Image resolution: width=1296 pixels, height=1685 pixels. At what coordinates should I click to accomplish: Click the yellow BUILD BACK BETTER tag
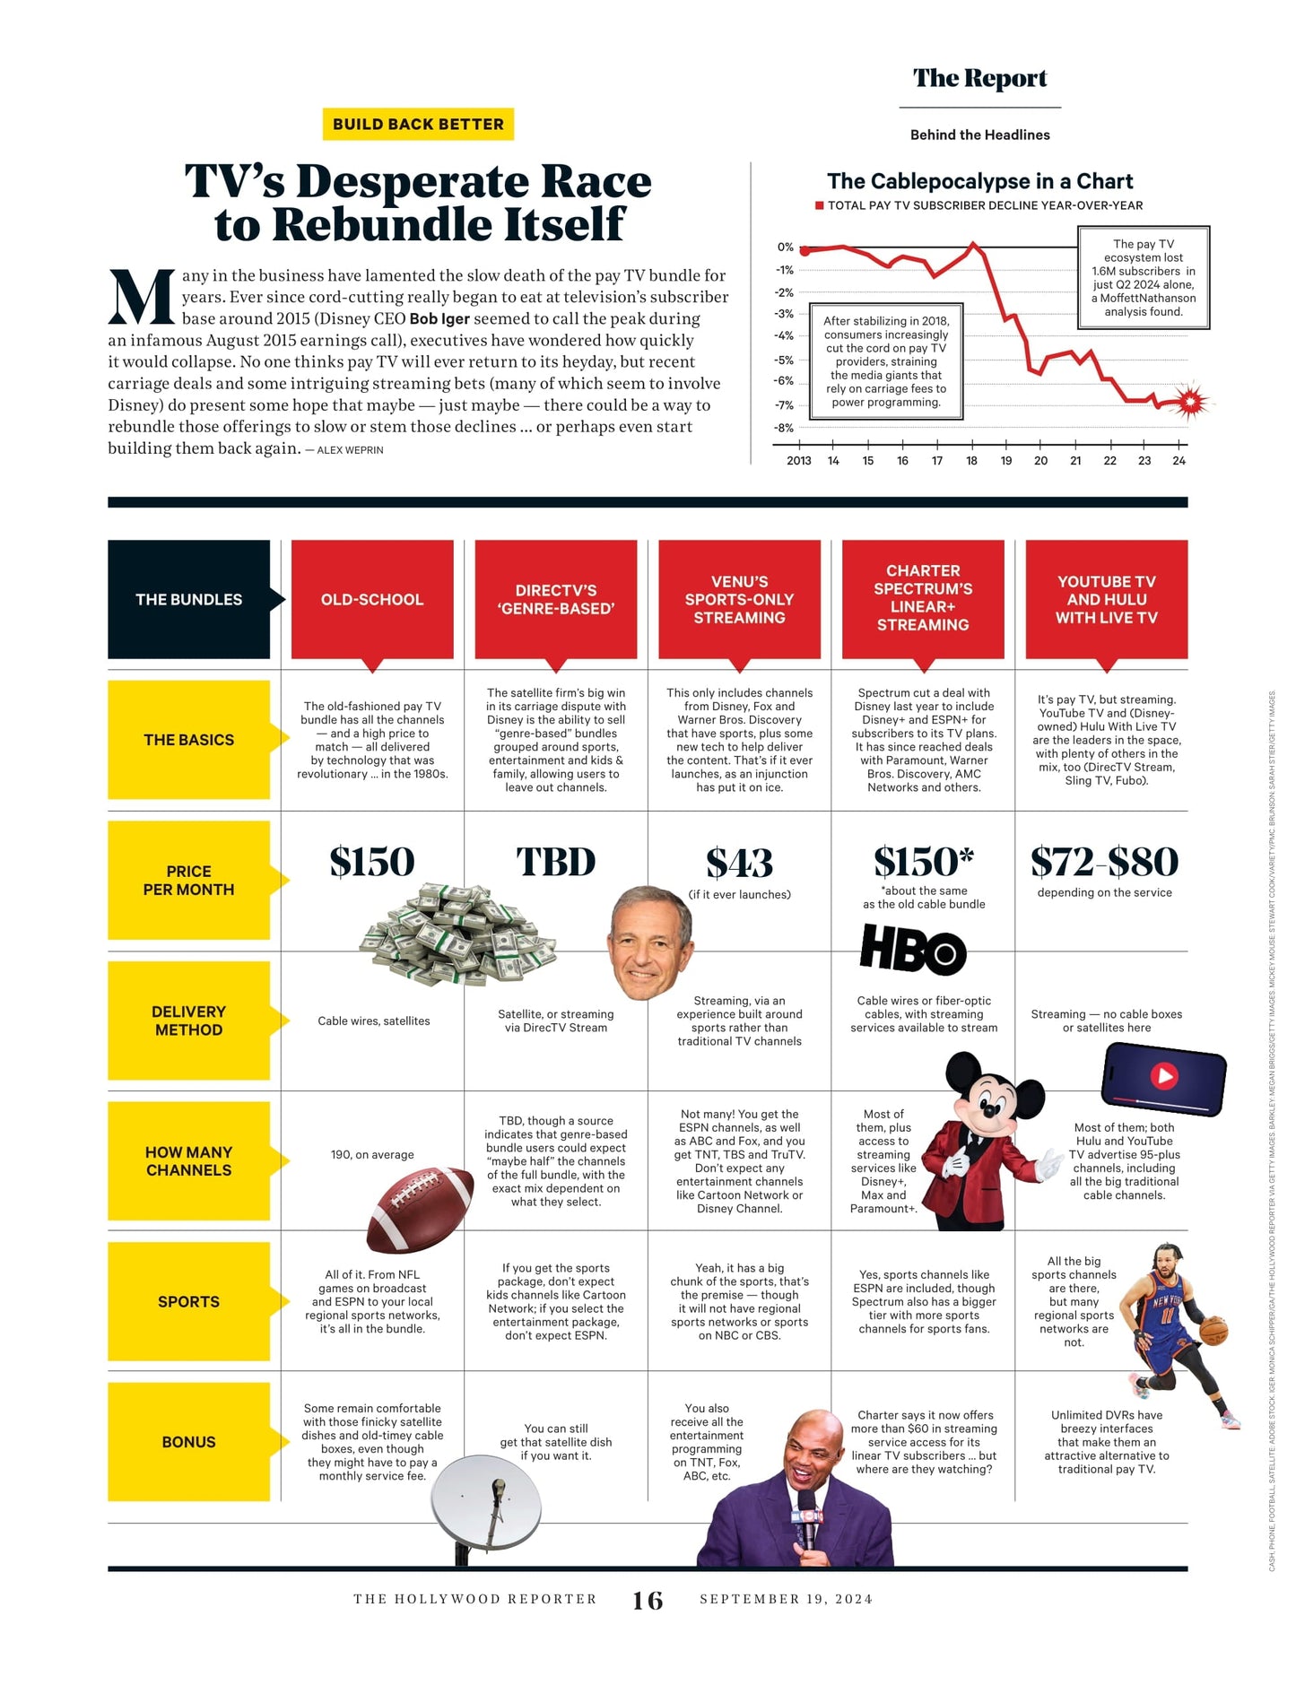click(x=418, y=124)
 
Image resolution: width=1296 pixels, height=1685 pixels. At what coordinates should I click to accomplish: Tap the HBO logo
click(x=912, y=950)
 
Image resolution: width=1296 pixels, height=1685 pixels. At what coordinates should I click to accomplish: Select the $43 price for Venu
click(x=739, y=863)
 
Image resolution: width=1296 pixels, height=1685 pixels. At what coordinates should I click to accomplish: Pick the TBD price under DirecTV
click(x=555, y=862)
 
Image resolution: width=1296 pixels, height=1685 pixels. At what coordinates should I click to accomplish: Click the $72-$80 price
click(x=1104, y=862)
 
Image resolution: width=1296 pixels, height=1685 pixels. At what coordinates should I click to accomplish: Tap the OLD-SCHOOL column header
click(x=372, y=599)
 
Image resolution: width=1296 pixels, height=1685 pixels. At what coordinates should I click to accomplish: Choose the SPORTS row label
click(x=188, y=1301)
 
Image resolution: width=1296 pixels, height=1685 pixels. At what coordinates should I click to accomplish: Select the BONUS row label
click(x=188, y=1441)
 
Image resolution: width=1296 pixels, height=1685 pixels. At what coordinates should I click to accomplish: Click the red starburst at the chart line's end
click(x=1189, y=403)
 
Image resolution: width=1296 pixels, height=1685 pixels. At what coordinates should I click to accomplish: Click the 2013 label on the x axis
click(x=798, y=461)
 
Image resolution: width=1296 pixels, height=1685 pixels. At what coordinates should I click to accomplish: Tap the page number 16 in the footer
click(x=648, y=1601)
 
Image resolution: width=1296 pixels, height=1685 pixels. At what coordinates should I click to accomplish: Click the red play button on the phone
click(x=1164, y=1075)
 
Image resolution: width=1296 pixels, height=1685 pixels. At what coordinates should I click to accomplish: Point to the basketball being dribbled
click(x=1213, y=1330)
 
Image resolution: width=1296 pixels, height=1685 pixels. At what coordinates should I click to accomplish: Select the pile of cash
click(x=456, y=933)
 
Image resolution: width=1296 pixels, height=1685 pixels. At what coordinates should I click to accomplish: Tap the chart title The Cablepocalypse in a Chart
click(x=979, y=181)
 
